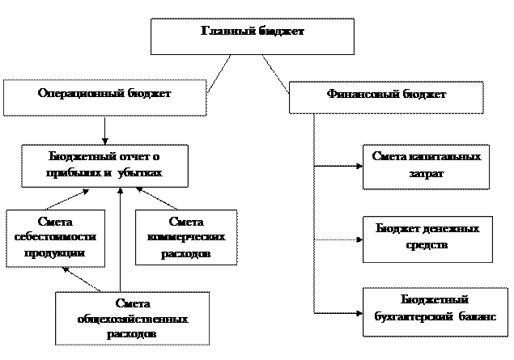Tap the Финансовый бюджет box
coord(386,96)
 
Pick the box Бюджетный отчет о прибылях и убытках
coord(105,165)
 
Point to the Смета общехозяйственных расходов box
coord(131,318)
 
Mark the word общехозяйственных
coord(131,318)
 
